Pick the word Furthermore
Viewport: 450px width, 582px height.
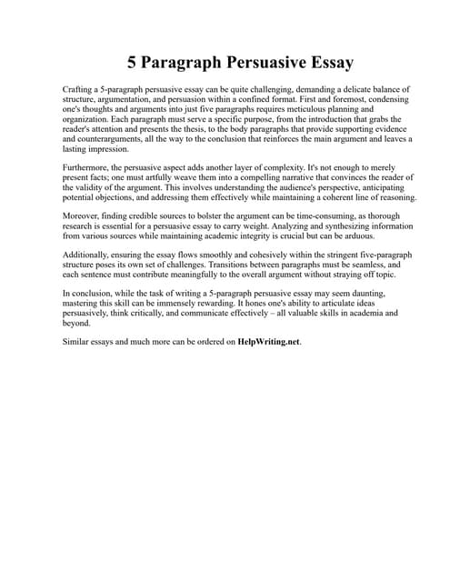coord(88,169)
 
